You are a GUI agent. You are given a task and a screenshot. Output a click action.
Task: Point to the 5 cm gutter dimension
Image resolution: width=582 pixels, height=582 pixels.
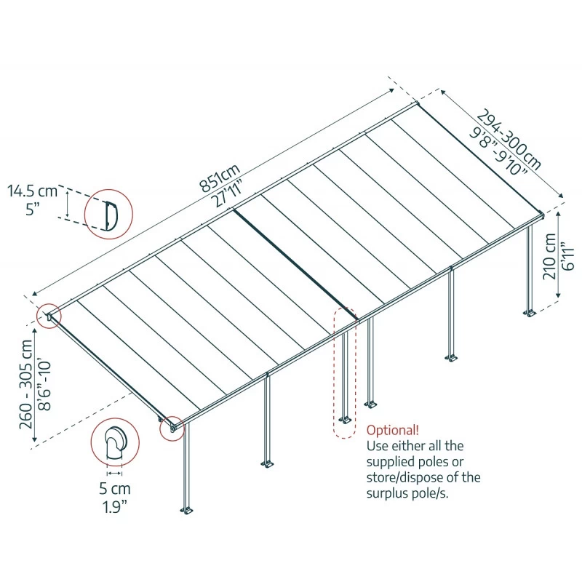pos(113,488)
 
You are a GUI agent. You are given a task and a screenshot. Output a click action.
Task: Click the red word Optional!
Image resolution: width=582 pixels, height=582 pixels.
pos(392,429)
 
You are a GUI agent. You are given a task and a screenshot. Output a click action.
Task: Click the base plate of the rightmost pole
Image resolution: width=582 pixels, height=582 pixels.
pos(530,314)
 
